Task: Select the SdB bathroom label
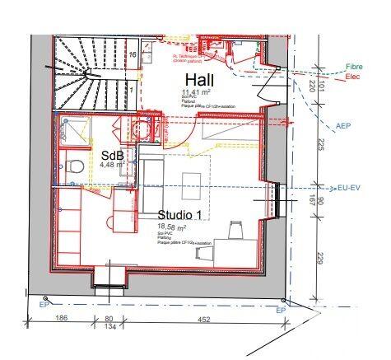click(x=112, y=155)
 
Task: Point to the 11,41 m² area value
click(x=197, y=92)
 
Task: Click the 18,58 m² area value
click(x=171, y=227)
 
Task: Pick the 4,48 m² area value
click(x=110, y=166)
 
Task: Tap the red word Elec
click(x=353, y=77)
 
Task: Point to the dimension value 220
click(x=314, y=86)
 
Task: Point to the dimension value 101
click(x=324, y=86)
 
